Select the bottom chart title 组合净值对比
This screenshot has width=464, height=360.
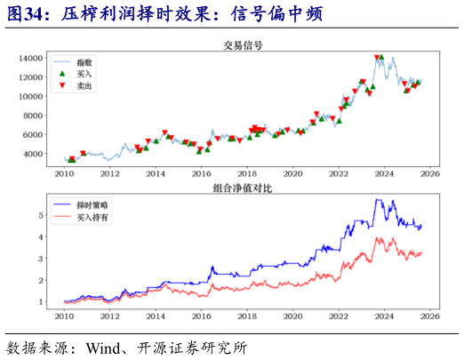pyautogui.click(x=243, y=188)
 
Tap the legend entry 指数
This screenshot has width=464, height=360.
pyautogui.click(x=85, y=63)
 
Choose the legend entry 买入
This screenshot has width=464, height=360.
pyautogui.click(x=85, y=75)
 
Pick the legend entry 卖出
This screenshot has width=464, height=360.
pyautogui.click(x=85, y=86)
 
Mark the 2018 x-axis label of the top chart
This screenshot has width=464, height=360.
pyautogui.click(x=247, y=173)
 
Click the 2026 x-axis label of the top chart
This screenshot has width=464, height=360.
pyautogui.click(x=432, y=173)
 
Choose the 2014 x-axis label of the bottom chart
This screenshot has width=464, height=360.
pyautogui.click(x=155, y=316)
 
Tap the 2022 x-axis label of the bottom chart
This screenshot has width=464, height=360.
pyautogui.click(x=340, y=316)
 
